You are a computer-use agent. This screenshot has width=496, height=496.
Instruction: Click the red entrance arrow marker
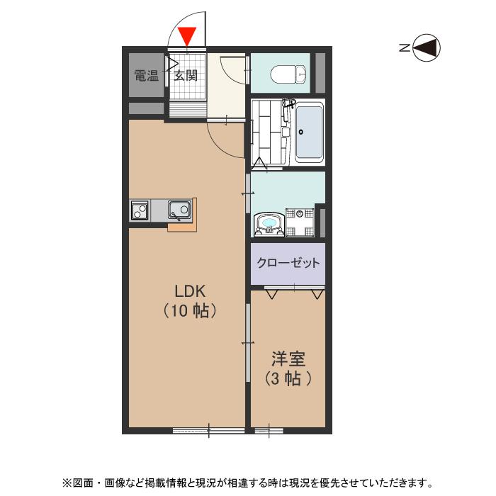[x=187, y=35]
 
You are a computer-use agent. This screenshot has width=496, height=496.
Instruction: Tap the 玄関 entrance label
[x=186, y=75]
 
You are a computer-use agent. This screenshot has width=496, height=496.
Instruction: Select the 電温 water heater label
[x=147, y=75]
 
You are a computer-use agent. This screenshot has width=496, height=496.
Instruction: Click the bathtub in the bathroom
[x=309, y=133]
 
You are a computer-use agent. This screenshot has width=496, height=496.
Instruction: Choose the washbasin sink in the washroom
[x=269, y=224]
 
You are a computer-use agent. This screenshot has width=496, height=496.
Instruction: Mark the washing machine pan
[x=300, y=221]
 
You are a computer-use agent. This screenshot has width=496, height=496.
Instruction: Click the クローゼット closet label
[x=288, y=263]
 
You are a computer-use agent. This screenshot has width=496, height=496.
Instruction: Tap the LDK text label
[x=190, y=290]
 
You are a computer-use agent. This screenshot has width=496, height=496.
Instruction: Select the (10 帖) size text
[x=190, y=310]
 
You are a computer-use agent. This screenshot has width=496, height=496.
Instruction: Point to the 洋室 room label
[x=288, y=359]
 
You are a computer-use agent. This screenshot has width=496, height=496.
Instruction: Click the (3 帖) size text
[x=288, y=378]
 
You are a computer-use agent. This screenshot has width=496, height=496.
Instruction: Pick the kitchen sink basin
[x=179, y=210]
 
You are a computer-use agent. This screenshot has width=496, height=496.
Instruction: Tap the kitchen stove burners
[x=140, y=210]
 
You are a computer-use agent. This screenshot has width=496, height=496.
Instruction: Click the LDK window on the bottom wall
[x=208, y=429]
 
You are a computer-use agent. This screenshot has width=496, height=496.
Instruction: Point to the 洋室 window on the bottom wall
[x=269, y=429]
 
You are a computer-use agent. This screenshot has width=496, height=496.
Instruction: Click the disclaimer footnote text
[x=248, y=483]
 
